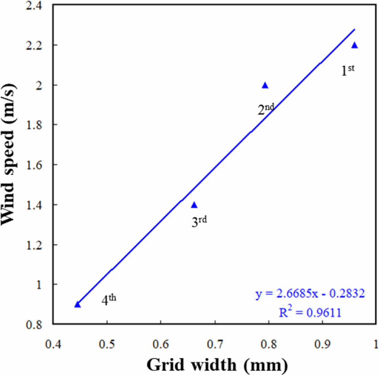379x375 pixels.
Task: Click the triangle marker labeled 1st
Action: (355, 45)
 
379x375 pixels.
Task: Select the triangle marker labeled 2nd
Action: (265, 86)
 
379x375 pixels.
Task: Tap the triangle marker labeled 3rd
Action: (194, 205)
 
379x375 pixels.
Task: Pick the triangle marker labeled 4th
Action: (77, 305)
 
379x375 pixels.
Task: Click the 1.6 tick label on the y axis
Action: (38, 165)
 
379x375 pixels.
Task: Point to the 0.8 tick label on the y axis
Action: (38, 324)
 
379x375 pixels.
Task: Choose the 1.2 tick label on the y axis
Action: (38, 245)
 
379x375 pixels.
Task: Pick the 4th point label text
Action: (109, 300)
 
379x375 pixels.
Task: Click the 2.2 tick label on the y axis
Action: (38, 45)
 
